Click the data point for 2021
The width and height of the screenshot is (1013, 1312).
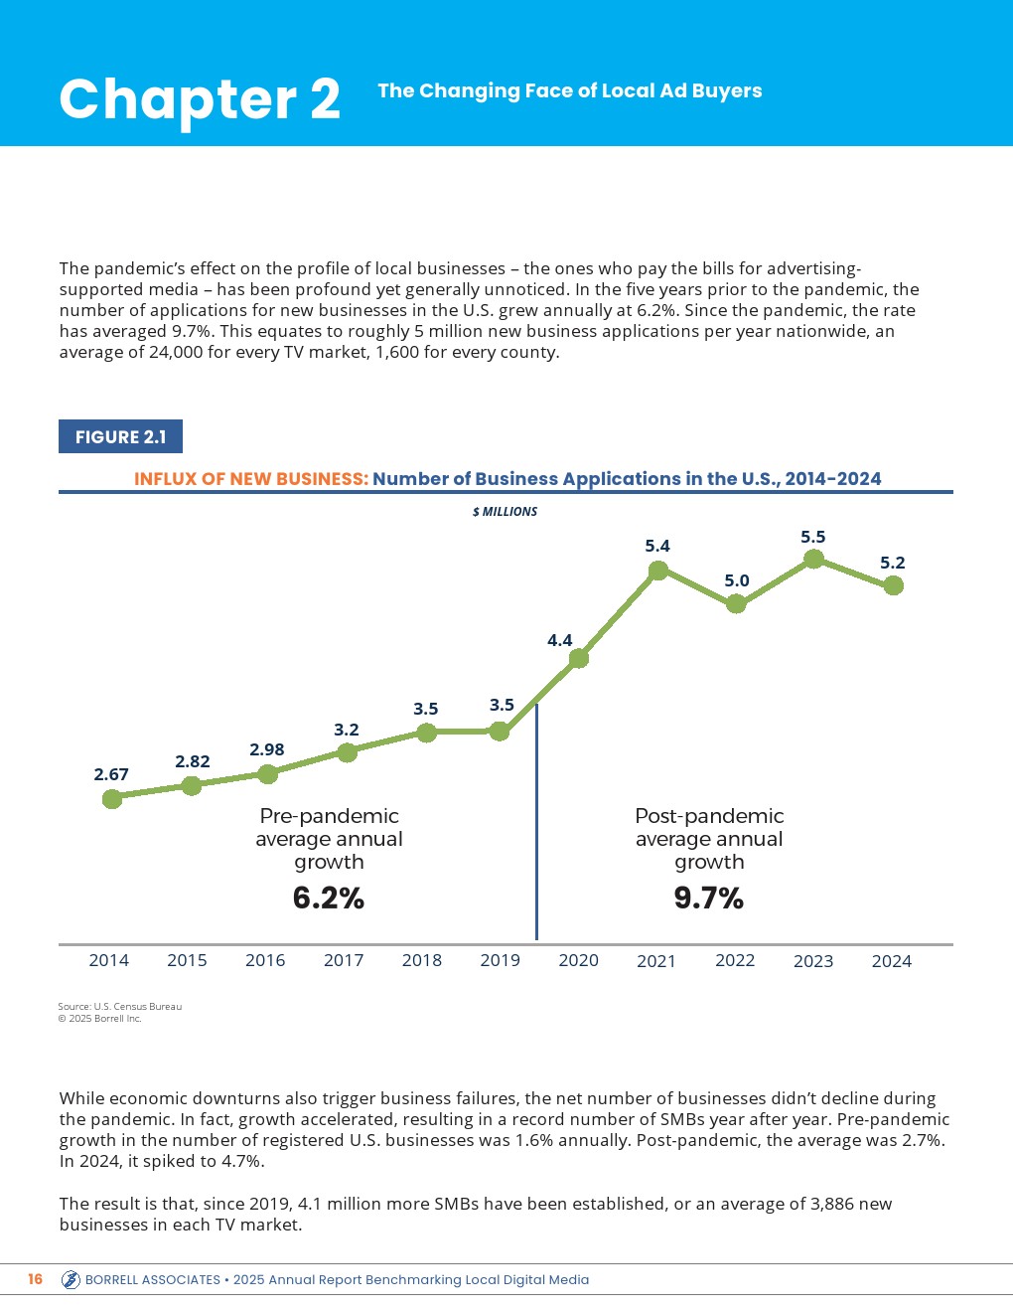[657, 571]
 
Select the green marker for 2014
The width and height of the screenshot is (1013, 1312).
[112, 798]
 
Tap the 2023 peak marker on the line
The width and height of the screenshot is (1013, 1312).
[813, 559]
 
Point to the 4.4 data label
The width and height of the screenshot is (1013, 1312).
[560, 640]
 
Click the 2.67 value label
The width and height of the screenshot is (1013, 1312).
[111, 774]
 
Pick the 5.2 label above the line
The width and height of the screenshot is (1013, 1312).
[893, 563]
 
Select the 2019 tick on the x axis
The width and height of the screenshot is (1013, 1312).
[500, 960]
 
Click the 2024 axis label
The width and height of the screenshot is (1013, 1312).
[891, 961]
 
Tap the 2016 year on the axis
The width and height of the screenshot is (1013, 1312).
[265, 960]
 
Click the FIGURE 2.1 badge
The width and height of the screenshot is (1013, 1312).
[120, 437]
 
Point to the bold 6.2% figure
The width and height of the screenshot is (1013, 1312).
[329, 899]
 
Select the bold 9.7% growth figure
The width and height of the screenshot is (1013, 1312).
[709, 899]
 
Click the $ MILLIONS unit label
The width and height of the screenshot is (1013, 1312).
[505, 512]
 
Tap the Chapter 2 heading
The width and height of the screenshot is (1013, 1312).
[200, 99]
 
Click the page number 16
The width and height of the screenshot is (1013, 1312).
[36, 1279]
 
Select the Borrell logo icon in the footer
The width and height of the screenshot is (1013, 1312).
[71, 1280]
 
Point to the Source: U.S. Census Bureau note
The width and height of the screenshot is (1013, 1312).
[120, 1007]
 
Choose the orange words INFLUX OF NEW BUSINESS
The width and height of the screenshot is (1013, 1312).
[251, 479]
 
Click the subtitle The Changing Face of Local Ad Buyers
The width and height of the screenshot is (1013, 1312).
[570, 91]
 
